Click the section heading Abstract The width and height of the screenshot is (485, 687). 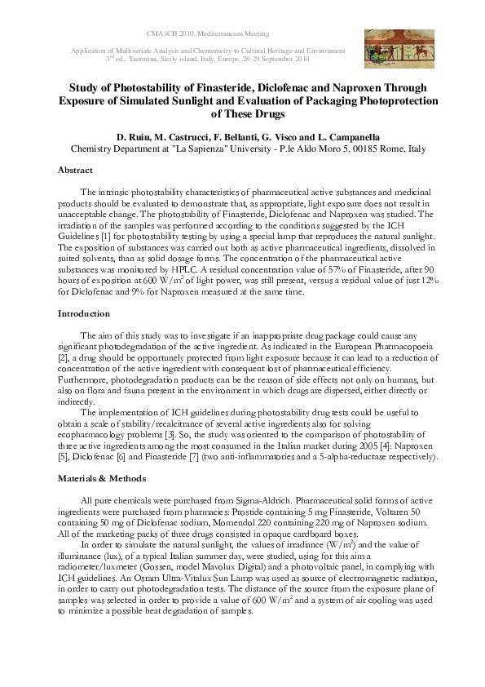pos(75,171)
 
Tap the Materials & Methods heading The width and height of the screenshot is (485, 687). pos(101,478)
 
